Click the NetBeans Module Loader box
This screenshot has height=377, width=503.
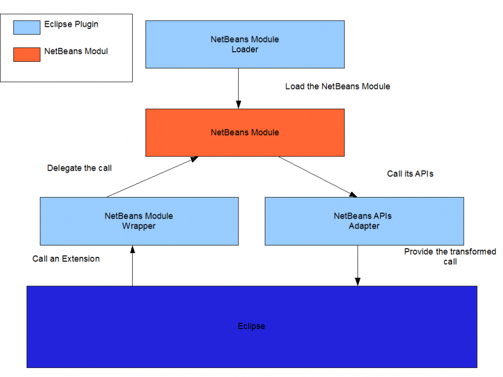click(x=245, y=44)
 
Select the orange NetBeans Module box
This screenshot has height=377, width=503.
click(x=245, y=133)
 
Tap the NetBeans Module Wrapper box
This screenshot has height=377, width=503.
click(x=139, y=221)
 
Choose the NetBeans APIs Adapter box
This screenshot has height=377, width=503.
click(x=364, y=221)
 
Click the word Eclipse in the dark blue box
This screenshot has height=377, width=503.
click(x=251, y=326)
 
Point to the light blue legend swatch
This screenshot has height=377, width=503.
click(x=27, y=27)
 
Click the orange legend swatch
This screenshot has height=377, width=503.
click(x=27, y=55)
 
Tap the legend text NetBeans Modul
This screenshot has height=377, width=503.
click(x=76, y=51)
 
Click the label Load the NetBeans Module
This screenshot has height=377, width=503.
click(x=338, y=87)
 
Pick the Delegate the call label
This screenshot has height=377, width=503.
click(x=80, y=168)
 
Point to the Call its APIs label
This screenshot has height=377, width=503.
click(x=410, y=174)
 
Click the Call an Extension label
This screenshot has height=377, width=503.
click(x=66, y=259)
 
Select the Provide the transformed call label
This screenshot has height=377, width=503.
click(x=450, y=256)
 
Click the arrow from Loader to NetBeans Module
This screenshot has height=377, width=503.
click(x=238, y=89)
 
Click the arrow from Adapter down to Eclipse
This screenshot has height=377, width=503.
click(x=357, y=266)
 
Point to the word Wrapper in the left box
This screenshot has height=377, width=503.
click(x=139, y=226)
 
